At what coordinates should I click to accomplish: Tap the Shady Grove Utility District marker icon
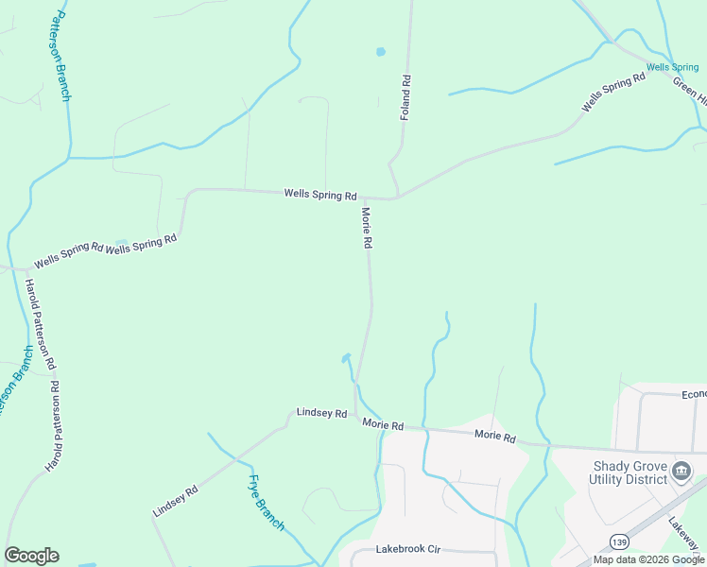681,470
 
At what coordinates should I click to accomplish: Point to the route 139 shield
619,541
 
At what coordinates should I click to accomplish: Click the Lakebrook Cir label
408,549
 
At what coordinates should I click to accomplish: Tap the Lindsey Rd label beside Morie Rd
321,413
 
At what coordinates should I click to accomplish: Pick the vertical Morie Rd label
366,229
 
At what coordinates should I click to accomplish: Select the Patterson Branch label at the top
62,56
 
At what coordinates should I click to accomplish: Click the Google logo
31,556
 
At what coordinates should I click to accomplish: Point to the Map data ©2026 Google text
648,559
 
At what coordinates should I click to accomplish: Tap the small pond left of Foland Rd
381,52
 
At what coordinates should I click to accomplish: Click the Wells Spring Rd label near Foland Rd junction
320,194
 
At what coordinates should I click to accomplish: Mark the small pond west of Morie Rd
346,357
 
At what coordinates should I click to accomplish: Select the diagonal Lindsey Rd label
175,502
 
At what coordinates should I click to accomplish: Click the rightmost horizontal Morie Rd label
495,438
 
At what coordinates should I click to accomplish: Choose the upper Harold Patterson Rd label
41,324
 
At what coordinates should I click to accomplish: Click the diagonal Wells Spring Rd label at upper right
612,92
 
